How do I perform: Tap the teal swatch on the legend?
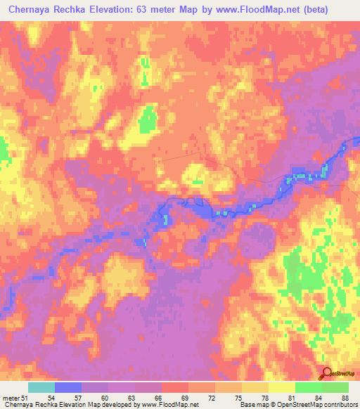tap(41, 387)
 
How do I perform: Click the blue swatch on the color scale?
tap(68, 387)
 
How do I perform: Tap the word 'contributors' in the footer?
tap(340, 405)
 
